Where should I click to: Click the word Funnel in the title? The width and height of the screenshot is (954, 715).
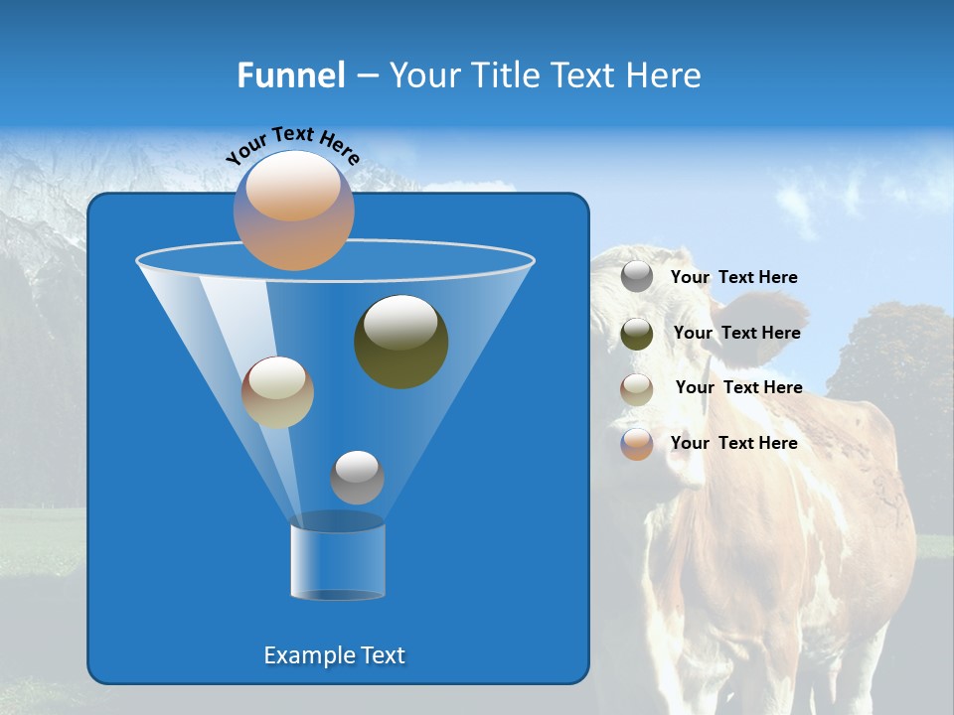click(291, 75)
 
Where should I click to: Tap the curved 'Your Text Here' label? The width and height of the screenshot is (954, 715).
click(293, 145)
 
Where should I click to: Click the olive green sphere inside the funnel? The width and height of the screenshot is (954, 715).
click(400, 343)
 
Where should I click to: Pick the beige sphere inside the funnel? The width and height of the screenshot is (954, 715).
click(277, 392)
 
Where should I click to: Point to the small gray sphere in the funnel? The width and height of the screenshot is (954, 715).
click(357, 478)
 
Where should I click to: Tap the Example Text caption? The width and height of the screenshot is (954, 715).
click(335, 655)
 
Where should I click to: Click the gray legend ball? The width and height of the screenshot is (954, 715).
click(637, 277)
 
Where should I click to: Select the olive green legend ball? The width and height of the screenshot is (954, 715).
click(637, 334)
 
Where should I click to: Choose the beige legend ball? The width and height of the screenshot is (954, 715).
click(637, 389)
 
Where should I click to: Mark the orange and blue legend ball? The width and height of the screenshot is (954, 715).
click(637, 444)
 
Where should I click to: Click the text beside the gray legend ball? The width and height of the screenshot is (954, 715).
click(734, 278)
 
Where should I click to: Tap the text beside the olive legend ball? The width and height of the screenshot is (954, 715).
click(736, 333)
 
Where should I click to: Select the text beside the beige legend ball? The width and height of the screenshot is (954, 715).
click(738, 387)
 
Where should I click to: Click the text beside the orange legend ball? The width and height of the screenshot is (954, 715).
click(734, 443)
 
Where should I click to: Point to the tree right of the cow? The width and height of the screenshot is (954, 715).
click(889, 357)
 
